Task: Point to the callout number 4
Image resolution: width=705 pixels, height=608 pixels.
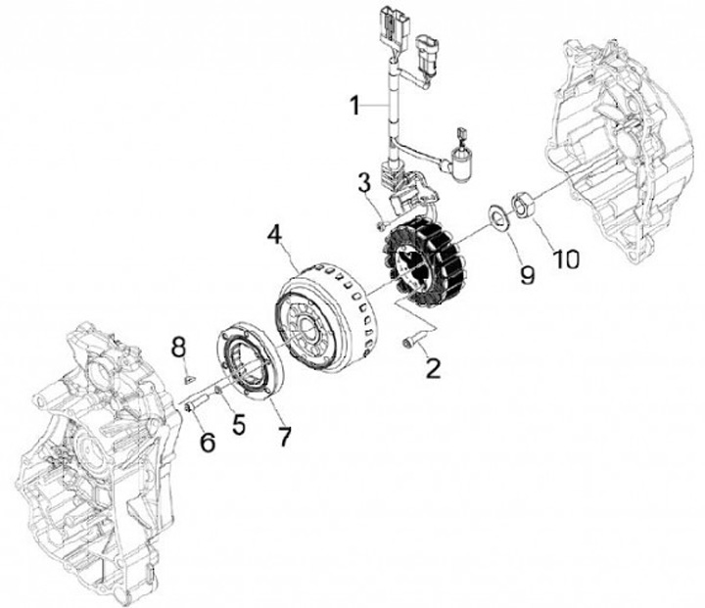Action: tap(275, 235)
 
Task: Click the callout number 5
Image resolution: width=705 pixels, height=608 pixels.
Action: tap(238, 424)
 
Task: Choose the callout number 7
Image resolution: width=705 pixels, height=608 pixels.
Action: tap(284, 437)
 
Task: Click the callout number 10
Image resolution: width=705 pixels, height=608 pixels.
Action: tap(568, 259)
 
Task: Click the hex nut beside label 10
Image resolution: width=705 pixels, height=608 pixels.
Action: tap(523, 207)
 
